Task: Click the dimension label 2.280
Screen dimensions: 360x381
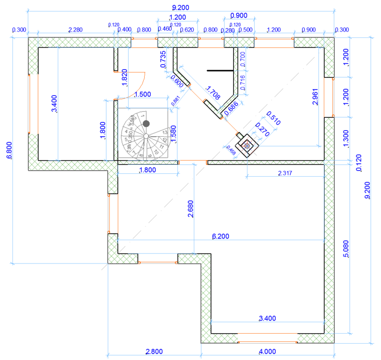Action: click(75, 30)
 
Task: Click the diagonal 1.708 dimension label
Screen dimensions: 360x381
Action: click(212, 93)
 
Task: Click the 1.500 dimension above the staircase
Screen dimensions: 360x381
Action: click(142, 95)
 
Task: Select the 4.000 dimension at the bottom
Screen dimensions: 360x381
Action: click(267, 352)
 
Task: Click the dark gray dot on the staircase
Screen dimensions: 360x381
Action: click(146, 124)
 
